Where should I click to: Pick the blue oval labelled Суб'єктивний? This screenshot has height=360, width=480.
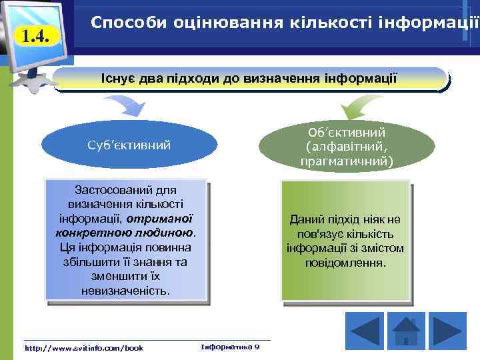(x=129, y=145)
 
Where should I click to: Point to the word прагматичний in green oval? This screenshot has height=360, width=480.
(x=347, y=161)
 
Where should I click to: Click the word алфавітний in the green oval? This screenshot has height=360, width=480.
(x=347, y=147)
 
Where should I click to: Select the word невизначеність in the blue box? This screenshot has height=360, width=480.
(x=125, y=291)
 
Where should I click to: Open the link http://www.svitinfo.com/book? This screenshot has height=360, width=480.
(x=83, y=348)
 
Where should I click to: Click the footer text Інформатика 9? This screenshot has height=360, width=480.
(x=230, y=347)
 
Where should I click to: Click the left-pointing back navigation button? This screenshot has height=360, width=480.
(x=365, y=331)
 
